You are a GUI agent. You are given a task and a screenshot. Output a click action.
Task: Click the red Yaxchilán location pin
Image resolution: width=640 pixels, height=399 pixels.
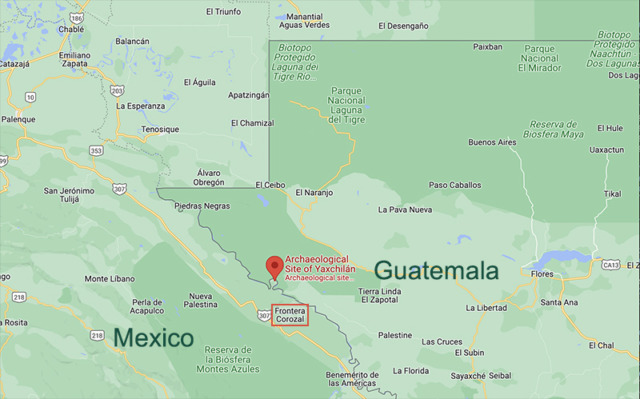pyautogui.click(x=274, y=265)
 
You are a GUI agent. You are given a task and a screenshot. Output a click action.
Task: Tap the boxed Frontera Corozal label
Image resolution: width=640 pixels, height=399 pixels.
pyautogui.click(x=290, y=314)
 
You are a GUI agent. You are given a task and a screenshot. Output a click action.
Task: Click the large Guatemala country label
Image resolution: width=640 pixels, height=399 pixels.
pyautogui.click(x=436, y=270)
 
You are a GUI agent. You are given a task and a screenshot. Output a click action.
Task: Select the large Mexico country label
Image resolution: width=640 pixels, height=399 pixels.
pyautogui.click(x=154, y=337)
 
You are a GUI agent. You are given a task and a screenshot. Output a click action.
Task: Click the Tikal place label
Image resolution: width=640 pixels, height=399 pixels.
pyautogui.click(x=612, y=194)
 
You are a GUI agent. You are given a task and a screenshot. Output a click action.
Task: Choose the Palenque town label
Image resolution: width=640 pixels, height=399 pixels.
pyautogui.click(x=18, y=119)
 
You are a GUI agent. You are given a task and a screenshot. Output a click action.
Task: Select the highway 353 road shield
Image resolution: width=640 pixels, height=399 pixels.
pyautogui.click(x=96, y=150)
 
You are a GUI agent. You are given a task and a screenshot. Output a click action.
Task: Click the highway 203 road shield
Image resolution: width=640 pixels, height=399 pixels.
pyautogui.click(x=118, y=90)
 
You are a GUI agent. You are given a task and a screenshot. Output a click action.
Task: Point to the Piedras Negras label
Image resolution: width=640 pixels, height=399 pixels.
pyautogui.click(x=201, y=205)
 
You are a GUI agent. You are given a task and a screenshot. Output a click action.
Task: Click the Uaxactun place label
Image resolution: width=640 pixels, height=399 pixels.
pyautogui.click(x=606, y=150)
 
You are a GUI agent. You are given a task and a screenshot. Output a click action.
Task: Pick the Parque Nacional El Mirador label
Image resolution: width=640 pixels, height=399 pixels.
pyautogui.click(x=539, y=58)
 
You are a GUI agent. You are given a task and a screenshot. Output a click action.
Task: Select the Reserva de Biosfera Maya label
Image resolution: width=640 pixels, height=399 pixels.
pyautogui.click(x=564, y=130)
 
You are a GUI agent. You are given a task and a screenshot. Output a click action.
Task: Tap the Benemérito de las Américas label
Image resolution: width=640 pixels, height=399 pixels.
pyautogui.click(x=352, y=380)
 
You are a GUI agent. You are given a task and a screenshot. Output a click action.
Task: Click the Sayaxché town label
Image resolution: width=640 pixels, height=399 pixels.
pyautogui.click(x=469, y=375)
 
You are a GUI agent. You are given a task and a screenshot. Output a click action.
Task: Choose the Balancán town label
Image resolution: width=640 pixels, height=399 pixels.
pyautogui.click(x=133, y=41)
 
